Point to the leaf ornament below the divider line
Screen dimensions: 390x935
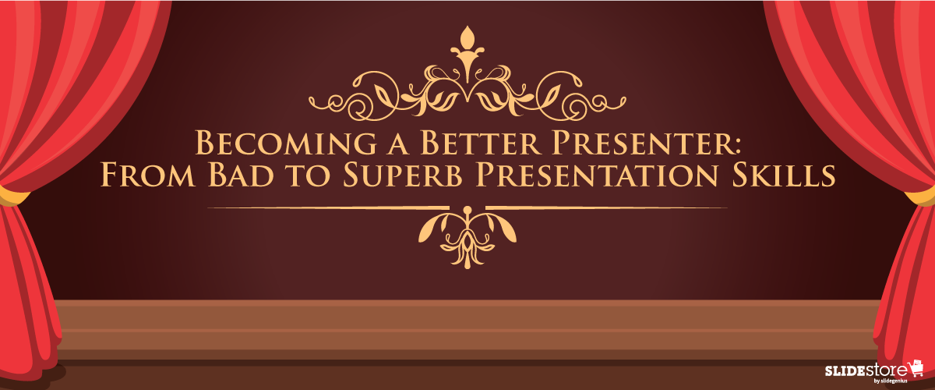(x=467, y=234)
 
